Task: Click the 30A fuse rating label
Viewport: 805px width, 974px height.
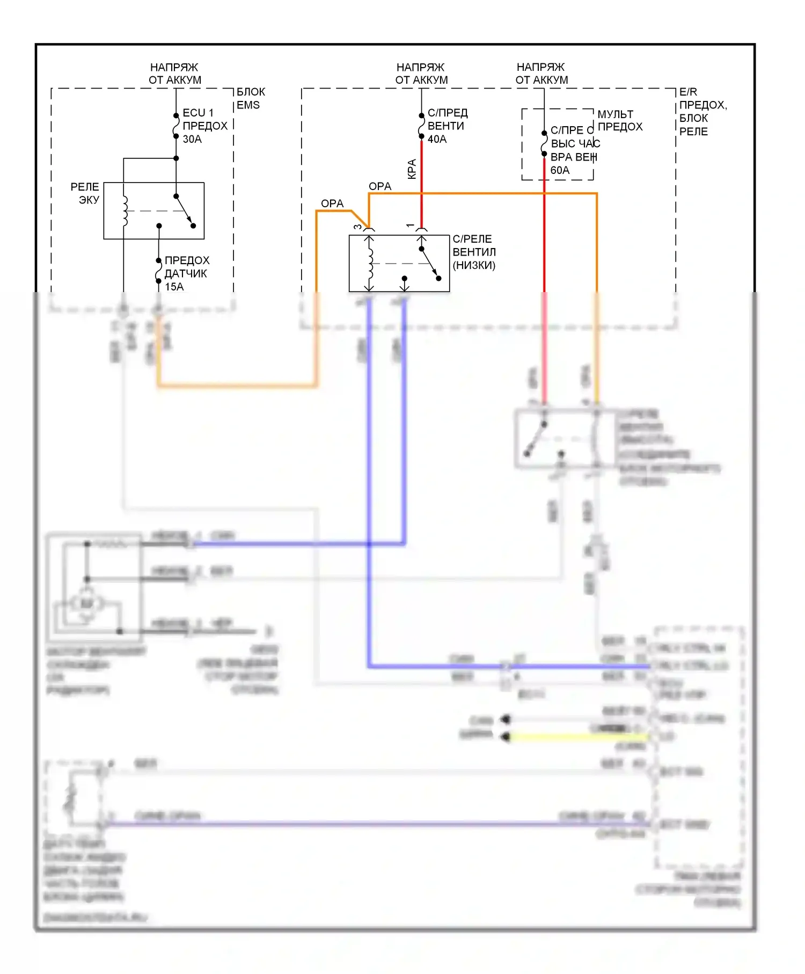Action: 192,139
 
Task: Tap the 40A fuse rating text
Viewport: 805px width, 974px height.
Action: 437,139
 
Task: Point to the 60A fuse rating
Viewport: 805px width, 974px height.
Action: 560,170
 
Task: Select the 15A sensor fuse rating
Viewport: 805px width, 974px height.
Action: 174,287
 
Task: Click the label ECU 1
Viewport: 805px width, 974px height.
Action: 197,113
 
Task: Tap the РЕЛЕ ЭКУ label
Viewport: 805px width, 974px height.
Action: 85,193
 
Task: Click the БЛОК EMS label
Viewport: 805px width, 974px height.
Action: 251,98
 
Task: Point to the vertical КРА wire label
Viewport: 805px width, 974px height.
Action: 412,169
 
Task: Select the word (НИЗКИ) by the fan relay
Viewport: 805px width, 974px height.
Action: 474,265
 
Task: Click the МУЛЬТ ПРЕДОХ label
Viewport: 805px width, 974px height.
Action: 620,120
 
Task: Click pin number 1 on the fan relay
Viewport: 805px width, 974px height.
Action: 411,226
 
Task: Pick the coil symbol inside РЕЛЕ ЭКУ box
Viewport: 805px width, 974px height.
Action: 126,211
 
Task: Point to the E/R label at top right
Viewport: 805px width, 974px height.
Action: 688,92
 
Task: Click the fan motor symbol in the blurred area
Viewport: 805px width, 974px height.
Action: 87,604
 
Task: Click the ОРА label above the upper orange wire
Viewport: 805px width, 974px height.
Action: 380,186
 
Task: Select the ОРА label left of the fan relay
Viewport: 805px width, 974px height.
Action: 332,203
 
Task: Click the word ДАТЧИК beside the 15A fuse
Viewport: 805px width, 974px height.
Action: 186,273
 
